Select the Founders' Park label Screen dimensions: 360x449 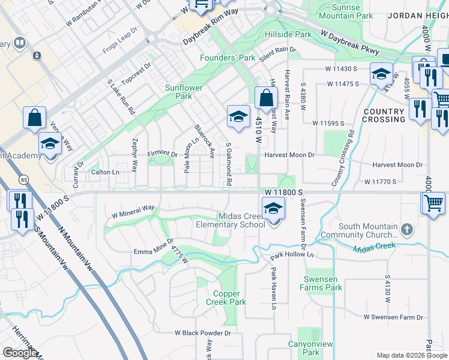tap(228, 58)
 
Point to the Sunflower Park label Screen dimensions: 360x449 tap(184, 92)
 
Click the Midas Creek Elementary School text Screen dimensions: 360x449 tap(231, 220)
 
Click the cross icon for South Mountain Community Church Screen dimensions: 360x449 tap(407, 229)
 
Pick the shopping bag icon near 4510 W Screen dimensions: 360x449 tap(265, 98)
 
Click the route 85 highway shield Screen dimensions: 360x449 tap(23, 179)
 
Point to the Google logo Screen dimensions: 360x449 tap(20, 353)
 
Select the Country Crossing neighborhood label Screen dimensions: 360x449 tap(383, 116)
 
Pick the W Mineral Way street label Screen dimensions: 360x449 tap(133, 211)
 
